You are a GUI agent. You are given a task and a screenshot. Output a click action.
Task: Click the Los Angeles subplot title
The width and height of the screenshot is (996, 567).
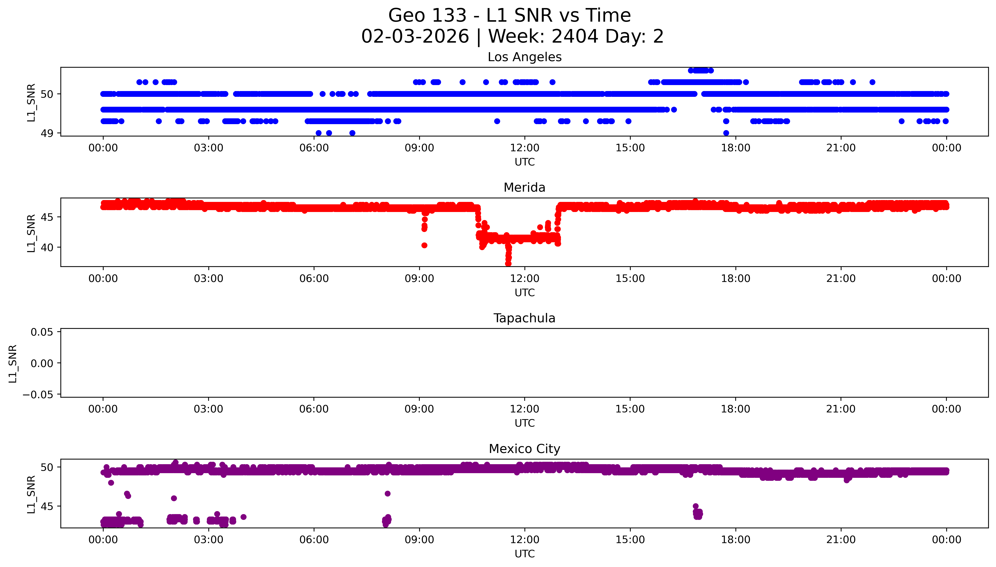pyautogui.click(x=524, y=57)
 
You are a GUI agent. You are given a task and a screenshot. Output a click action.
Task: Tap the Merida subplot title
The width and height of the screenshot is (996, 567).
pyautogui.click(x=524, y=188)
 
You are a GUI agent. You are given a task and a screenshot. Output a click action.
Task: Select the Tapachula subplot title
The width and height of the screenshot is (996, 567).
pyautogui.click(x=524, y=318)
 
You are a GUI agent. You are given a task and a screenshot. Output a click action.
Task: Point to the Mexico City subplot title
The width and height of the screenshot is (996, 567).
pyautogui.click(x=524, y=449)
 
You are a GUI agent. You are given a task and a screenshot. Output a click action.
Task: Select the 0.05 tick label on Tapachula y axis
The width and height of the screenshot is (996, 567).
pyautogui.click(x=42, y=332)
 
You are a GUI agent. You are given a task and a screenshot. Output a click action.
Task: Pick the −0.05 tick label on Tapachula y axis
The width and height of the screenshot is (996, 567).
pyautogui.click(x=38, y=395)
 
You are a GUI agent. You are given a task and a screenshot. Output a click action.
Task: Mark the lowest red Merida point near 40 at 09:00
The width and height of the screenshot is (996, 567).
pyautogui.click(x=424, y=245)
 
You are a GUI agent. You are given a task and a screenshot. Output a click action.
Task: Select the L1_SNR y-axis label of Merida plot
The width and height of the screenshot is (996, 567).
pyautogui.click(x=31, y=233)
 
